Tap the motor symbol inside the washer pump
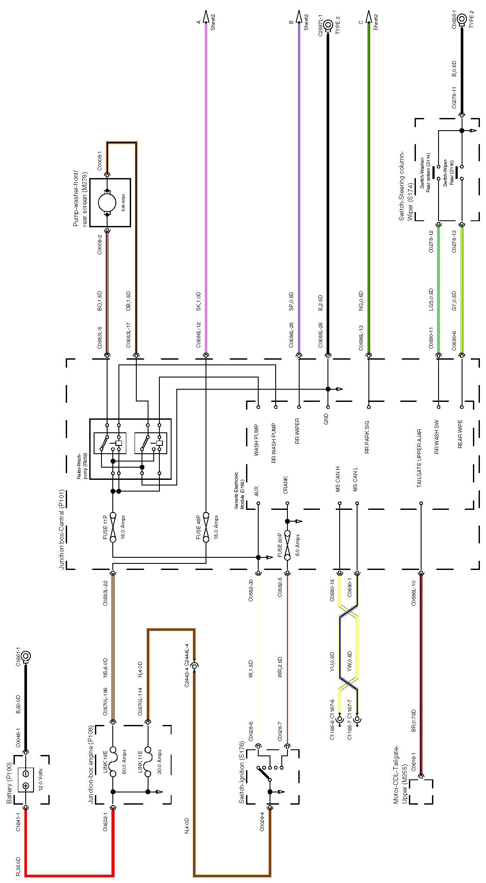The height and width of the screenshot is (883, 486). click(x=107, y=202)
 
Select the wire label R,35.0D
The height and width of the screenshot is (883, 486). click(x=18, y=867)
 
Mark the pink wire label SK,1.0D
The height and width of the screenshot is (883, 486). click(x=198, y=301)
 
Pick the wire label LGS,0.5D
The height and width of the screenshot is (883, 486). click(x=431, y=300)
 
